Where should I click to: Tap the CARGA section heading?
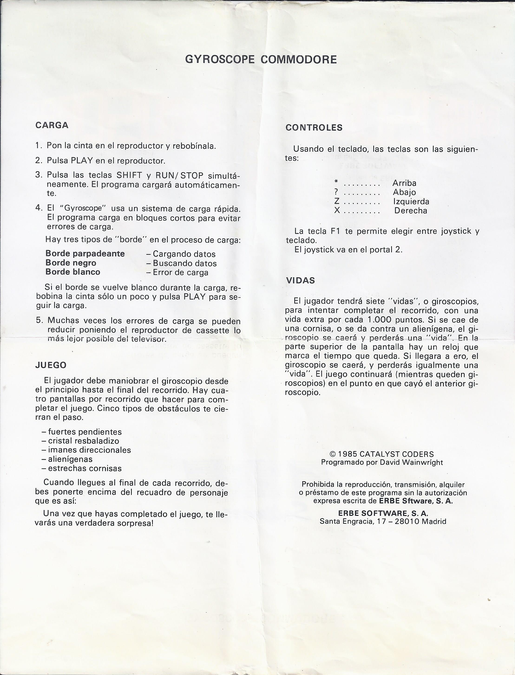(x=52, y=125)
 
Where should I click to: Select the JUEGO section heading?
(x=51, y=365)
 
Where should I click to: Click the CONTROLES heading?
(x=314, y=128)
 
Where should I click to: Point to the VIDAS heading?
(x=300, y=280)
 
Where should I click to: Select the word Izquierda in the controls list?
(x=411, y=202)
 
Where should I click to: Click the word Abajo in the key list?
(x=404, y=193)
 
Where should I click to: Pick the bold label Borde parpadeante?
(x=85, y=254)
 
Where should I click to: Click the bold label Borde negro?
(x=71, y=263)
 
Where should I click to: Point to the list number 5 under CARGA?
(x=39, y=320)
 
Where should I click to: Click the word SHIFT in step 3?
(x=129, y=175)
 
